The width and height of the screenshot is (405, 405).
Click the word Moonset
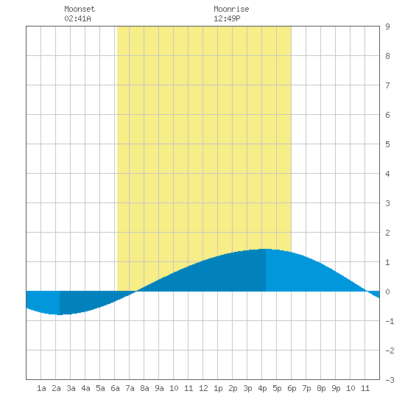pyautogui.click(x=80, y=9)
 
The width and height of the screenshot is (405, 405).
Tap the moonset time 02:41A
pyautogui.click(x=77, y=18)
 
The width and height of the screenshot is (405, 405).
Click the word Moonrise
pyautogui.click(x=231, y=9)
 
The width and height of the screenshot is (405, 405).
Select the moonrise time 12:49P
pyautogui.click(x=227, y=18)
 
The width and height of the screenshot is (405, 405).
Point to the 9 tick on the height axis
pyautogui.click(x=387, y=27)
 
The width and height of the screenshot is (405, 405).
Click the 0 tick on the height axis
pyautogui.click(x=387, y=292)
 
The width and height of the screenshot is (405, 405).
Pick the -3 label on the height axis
pyautogui.click(x=390, y=380)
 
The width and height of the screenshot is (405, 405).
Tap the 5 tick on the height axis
pyautogui.click(x=387, y=144)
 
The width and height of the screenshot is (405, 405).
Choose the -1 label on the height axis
pyautogui.click(x=390, y=321)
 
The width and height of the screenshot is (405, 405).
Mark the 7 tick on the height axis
pyautogui.click(x=387, y=85)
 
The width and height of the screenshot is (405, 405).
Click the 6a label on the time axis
pyautogui.click(x=115, y=388)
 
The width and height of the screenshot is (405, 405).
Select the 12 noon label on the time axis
pyautogui.click(x=203, y=388)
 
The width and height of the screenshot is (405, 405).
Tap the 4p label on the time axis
pyautogui.click(x=262, y=388)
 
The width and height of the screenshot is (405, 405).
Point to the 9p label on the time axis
pyautogui.click(x=336, y=388)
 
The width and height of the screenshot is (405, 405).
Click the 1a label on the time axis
pyautogui.click(x=41, y=388)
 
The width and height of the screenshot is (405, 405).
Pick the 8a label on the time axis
pyautogui.click(x=144, y=388)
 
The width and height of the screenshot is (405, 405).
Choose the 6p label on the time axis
pyautogui.click(x=292, y=388)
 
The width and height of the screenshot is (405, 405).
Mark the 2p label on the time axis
pyautogui.click(x=233, y=388)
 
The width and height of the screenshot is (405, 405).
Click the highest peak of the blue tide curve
pyautogui.click(x=266, y=249)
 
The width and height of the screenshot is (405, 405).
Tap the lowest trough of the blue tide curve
pyautogui.click(x=60, y=314)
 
